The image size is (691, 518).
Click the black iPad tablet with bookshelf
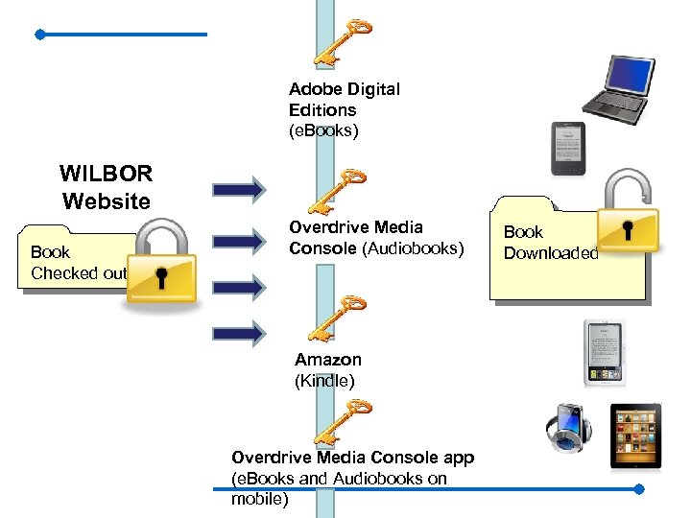coord(636,436)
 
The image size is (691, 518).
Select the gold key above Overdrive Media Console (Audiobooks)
coord(338,191)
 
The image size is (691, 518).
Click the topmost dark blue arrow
coord(238,189)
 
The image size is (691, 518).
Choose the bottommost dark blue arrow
coord(238,333)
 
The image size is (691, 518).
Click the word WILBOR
coord(106,175)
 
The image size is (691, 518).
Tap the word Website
coord(107,201)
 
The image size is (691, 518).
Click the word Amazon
coord(328,360)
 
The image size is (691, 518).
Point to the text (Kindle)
coord(324,381)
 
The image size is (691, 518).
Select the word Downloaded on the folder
coord(551,253)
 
